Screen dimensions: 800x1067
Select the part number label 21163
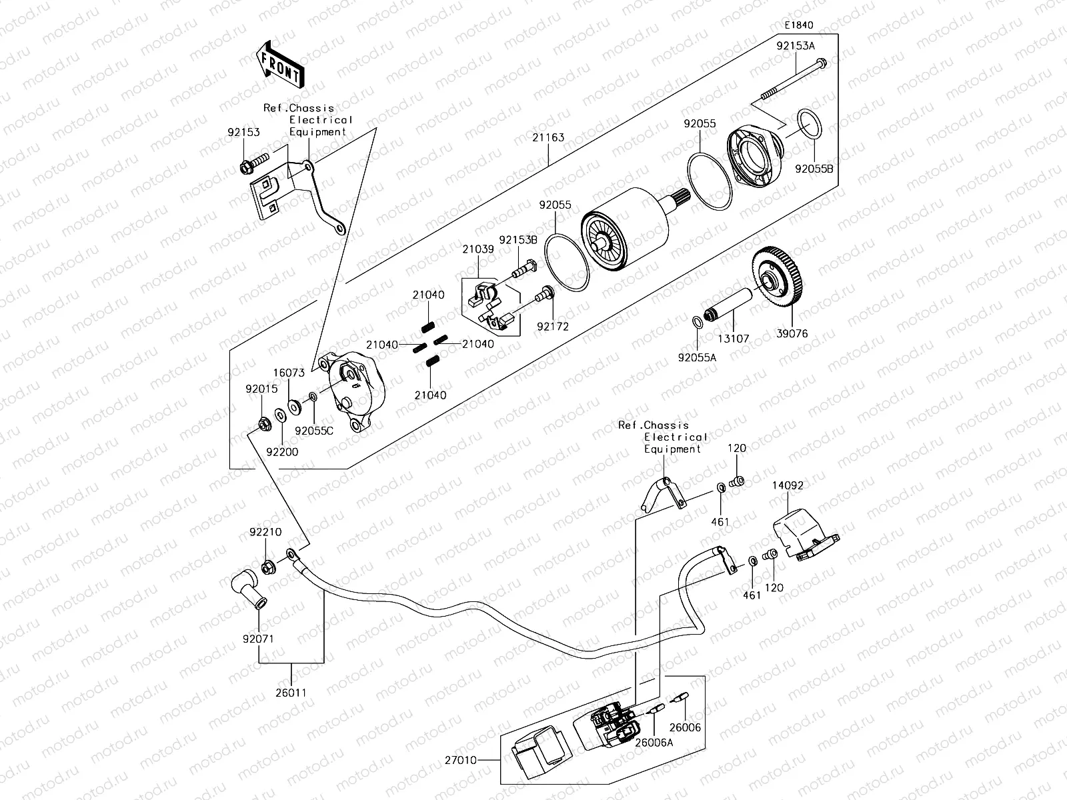pos(548,138)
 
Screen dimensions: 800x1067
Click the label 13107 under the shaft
pos(733,339)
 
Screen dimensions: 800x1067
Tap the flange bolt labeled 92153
pos(253,162)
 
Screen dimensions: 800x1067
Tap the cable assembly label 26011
pos(292,693)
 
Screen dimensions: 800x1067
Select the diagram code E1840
pos(798,25)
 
